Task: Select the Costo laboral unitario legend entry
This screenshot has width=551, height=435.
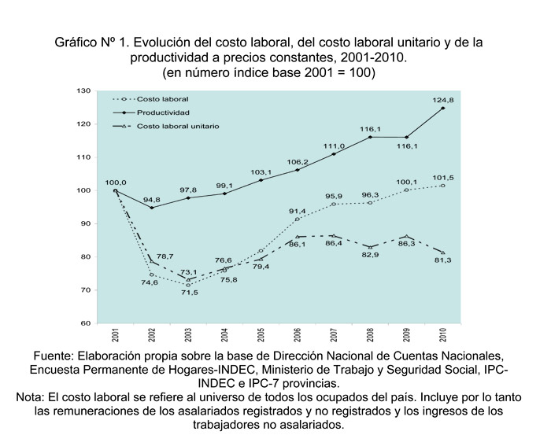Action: pos(178,126)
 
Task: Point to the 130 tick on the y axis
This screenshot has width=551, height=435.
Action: pos(84,91)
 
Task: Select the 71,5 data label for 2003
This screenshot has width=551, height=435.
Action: pos(189,293)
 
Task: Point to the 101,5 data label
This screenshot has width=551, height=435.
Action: pos(443,177)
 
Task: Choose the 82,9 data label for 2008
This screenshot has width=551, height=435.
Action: pos(371,256)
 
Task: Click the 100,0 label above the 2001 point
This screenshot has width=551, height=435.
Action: pos(116,182)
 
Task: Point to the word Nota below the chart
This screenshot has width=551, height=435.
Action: pos(31,398)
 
